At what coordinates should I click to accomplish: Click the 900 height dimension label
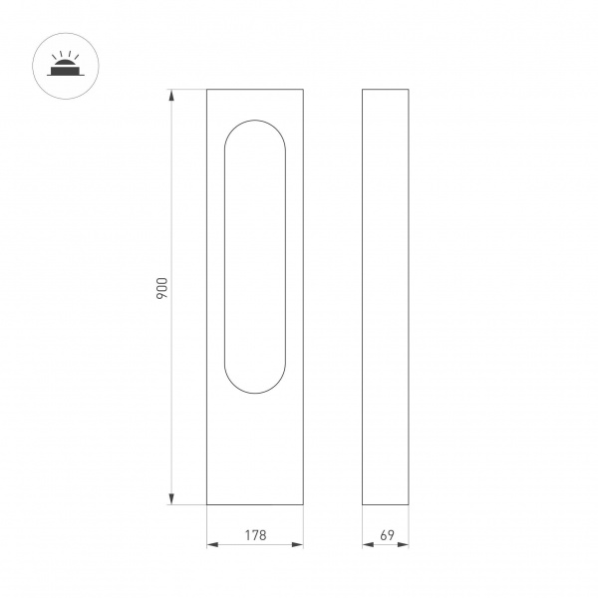click(x=162, y=288)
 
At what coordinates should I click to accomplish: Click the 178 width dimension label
click(x=255, y=535)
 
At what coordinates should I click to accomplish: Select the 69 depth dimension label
click(x=387, y=535)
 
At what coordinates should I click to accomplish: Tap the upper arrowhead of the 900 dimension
click(x=171, y=95)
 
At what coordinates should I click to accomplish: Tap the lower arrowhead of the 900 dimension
click(x=171, y=499)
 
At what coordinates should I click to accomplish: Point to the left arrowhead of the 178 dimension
click(x=212, y=544)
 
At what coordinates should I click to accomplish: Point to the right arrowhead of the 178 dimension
click(x=297, y=544)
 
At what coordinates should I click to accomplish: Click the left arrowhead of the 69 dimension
click(x=368, y=544)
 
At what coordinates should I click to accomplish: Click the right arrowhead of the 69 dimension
click(x=403, y=544)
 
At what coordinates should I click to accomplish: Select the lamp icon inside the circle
click(x=66, y=64)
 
